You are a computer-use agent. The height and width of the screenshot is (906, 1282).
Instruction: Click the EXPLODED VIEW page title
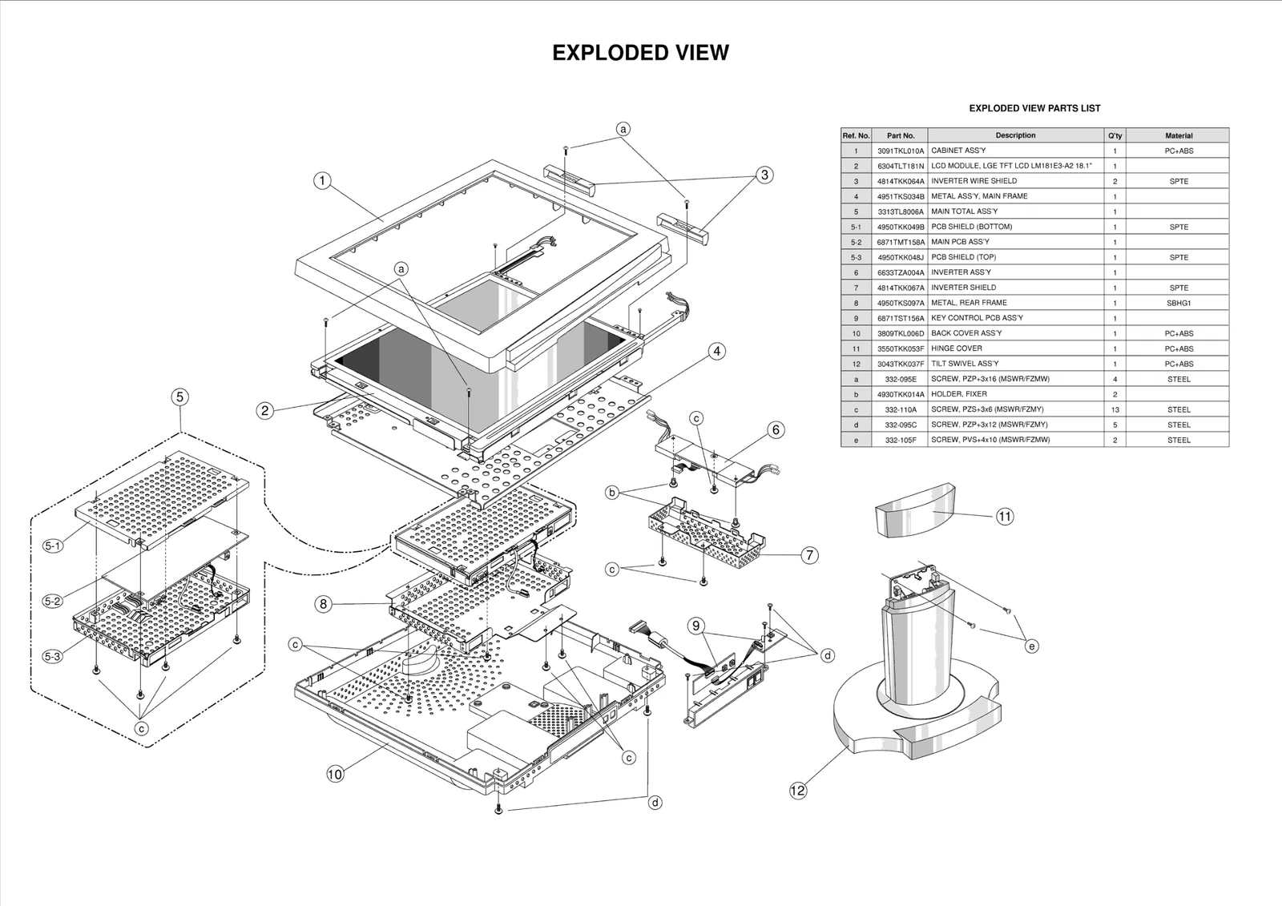tap(640, 53)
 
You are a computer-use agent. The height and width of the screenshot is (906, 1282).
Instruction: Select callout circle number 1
tap(322, 180)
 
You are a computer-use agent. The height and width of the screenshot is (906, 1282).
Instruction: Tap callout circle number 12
tap(798, 791)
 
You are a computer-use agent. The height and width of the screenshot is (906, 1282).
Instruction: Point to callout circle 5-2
tap(52, 601)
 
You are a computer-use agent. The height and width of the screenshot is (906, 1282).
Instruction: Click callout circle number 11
tap(1005, 517)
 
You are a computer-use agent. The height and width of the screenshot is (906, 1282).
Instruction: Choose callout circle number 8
tap(323, 604)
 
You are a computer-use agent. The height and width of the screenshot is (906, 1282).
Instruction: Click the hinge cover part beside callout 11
tap(914, 509)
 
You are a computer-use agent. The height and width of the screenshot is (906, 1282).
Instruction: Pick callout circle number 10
tap(335, 774)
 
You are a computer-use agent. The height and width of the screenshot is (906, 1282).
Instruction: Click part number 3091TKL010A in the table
tap(900, 151)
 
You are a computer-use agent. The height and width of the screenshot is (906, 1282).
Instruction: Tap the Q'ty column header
tap(1115, 135)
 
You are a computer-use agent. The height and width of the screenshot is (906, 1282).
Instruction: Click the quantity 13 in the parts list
tap(1115, 409)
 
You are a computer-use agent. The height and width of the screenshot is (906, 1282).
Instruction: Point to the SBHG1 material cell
tap(1179, 303)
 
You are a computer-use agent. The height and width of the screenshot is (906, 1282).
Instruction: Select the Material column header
tap(1179, 135)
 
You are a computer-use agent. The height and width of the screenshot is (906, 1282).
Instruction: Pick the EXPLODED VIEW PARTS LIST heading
tap(1034, 108)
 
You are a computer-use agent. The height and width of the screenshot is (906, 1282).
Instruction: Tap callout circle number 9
tap(695, 626)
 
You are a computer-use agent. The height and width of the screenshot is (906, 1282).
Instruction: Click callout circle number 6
tap(776, 430)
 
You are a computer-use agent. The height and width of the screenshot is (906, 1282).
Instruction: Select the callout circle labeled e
tap(1032, 646)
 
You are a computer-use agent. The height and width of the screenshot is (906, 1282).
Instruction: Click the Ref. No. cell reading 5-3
tap(856, 257)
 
